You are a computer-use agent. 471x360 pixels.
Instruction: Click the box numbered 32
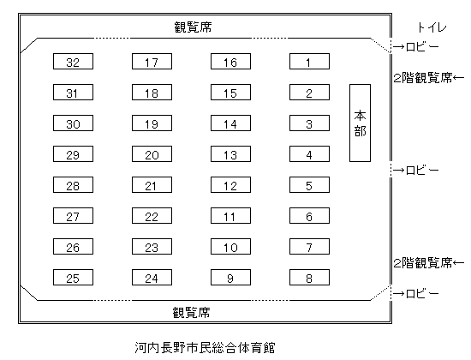point(73,62)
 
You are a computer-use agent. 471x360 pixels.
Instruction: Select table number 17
point(152,62)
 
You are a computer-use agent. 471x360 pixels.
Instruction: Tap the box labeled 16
point(230,62)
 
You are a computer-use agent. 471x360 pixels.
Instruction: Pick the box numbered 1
point(309,62)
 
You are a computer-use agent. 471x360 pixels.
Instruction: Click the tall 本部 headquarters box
point(360,123)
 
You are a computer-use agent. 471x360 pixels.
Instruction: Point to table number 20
point(152,154)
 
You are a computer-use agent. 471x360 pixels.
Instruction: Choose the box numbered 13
point(230,154)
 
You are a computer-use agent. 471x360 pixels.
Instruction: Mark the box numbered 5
point(309,184)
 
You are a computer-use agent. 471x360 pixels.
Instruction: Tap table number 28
point(73,184)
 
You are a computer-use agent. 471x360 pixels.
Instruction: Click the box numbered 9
point(230,278)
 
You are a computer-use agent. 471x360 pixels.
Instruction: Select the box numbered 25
point(73,278)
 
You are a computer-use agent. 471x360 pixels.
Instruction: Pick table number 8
point(309,278)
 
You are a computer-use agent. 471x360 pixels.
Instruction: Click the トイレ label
point(432,27)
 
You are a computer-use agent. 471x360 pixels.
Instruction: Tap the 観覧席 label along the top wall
point(193,27)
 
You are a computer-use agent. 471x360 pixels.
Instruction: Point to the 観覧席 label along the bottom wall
point(191,313)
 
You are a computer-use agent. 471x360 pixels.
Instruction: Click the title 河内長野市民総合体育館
point(205,348)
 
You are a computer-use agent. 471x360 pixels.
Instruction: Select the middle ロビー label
point(422,171)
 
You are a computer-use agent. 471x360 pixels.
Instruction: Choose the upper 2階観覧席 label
point(423,78)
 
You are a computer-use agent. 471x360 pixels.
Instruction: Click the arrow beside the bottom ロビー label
point(398,293)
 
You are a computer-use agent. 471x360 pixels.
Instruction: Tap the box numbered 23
point(152,247)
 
